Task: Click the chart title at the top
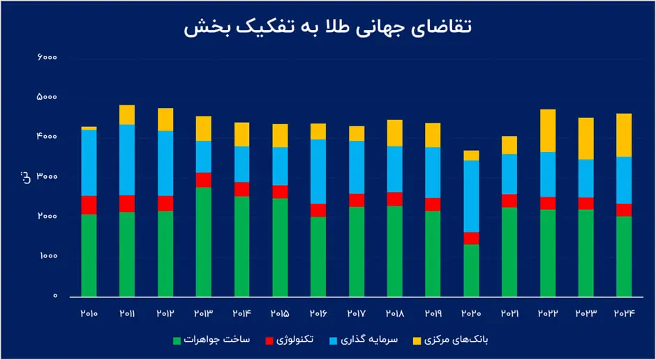(x=328, y=27)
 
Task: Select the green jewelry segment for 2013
(x=204, y=241)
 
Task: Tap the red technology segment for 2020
(x=472, y=238)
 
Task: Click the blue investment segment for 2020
(x=472, y=196)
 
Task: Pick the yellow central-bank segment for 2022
(x=549, y=130)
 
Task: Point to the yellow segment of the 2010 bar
(x=89, y=128)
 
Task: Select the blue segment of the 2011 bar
(x=127, y=160)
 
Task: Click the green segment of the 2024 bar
(x=625, y=256)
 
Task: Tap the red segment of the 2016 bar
(x=318, y=210)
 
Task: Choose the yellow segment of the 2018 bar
(x=395, y=133)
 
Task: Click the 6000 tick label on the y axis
(x=47, y=57)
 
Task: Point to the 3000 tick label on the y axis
(x=47, y=177)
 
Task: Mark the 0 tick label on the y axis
(x=54, y=297)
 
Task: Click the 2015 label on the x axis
(x=280, y=315)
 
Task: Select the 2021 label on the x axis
(x=510, y=315)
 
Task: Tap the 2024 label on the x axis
(x=625, y=315)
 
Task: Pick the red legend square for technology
(x=269, y=340)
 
